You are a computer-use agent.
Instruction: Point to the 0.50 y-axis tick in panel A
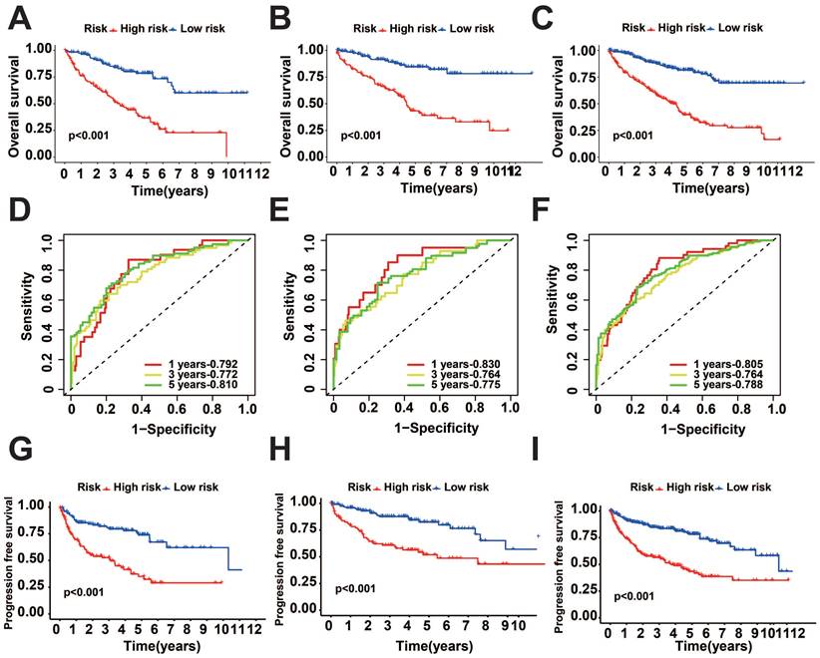39,102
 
